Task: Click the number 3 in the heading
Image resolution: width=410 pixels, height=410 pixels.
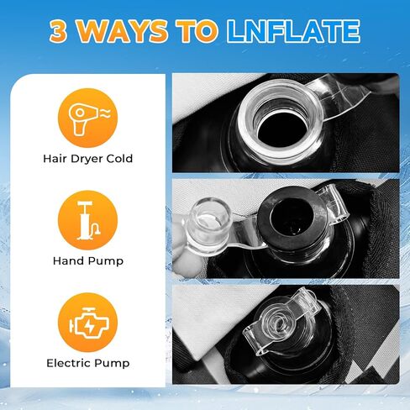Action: click(59, 31)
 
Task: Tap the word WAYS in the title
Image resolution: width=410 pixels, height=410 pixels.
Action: click(122, 31)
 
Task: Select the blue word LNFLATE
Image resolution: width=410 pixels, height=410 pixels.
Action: click(293, 31)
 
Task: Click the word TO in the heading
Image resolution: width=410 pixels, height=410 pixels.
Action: click(197, 31)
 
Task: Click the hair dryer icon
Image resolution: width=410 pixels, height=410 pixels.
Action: click(87, 118)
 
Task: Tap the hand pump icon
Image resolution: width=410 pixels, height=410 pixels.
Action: click(87, 220)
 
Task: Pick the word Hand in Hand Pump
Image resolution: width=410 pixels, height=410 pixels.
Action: click(69, 261)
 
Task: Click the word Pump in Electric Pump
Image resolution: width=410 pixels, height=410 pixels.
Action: click(113, 364)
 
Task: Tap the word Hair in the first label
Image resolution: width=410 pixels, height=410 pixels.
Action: click(55, 159)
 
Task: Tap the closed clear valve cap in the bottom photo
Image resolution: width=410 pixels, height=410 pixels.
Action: click(280, 322)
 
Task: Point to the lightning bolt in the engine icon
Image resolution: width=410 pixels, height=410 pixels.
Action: click(90, 325)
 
